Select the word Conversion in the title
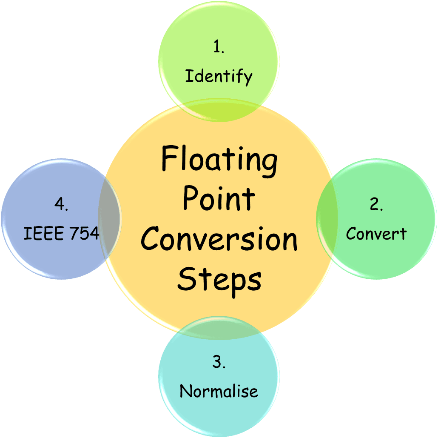pyautogui.click(x=219, y=239)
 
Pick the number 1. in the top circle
pyautogui.click(x=219, y=48)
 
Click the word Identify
pyautogui.click(x=219, y=77)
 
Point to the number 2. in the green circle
pyautogui.click(x=376, y=204)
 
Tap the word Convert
pyautogui.click(x=376, y=233)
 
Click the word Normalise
pyautogui.click(x=219, y=391)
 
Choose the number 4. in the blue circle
pyautogui.click(x=61, y=204)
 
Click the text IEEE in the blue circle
pyautogui.click(x=40, y=233)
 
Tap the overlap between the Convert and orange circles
pyautogui.click(x=328, y=219)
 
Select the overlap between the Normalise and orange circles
pyautogui.click(x=219, y=328)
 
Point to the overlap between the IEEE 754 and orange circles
pyautogui.click(x=110, y=219)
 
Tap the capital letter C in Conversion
pyautogui.click(x=151, y=239)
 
